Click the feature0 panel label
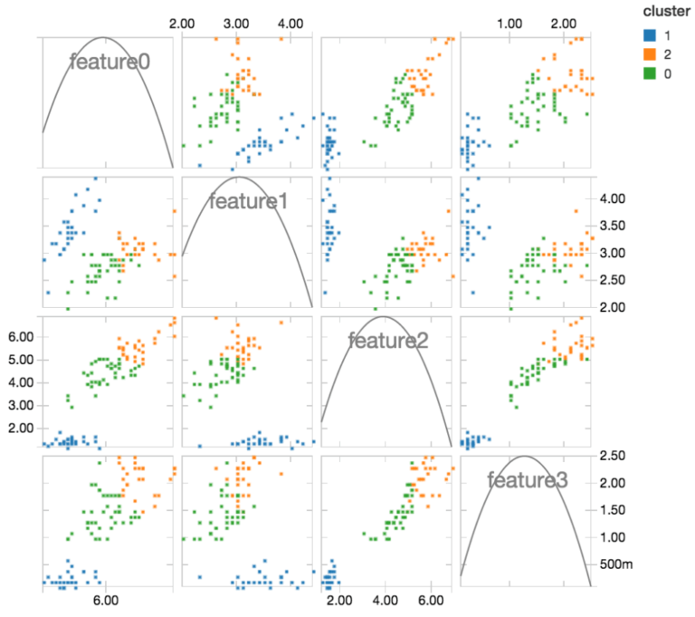109,62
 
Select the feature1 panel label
248,200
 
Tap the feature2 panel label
388,341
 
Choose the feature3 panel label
527,480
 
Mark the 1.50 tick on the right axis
614,510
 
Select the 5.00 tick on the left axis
19,359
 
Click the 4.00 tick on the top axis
291,21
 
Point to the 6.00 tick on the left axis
19,336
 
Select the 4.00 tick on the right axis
614,198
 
